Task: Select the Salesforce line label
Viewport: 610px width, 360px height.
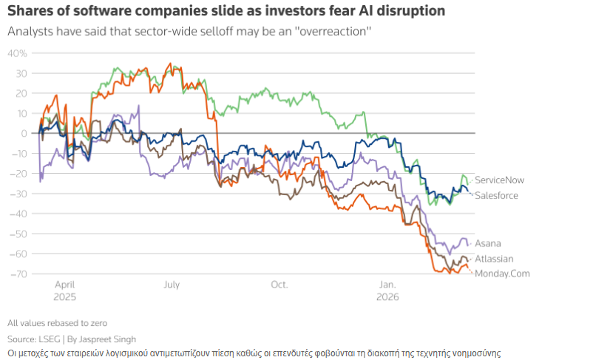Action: click(x=496, y=195)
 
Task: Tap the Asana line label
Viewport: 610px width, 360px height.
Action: click(x=487, y=243)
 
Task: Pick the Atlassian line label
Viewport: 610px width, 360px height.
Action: click(x=493, y=259)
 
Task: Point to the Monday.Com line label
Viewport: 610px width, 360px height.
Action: click(x=502, y=274)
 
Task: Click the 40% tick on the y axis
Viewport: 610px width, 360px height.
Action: click(x=18, y=53)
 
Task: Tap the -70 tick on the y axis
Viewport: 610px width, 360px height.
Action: click(x=19, y=274)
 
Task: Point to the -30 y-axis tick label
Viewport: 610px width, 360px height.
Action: click(x=19, y=194)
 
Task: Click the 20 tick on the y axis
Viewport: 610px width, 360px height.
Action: click(x=22, y=93)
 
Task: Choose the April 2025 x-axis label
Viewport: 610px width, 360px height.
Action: click(x=64, y=290)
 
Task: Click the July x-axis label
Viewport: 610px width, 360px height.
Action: click(x=172, y=284)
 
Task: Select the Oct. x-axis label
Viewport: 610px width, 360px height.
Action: click(x=279, y=284)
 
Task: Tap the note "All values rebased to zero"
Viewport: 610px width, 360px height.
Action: click(x=58, y=323)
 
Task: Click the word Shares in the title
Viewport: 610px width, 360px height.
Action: click(x=30, y=11)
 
